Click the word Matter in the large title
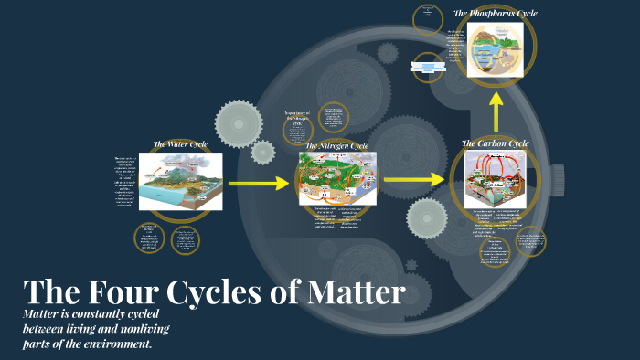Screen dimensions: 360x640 pos(352,292)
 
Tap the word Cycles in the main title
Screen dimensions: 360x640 pos(220,292)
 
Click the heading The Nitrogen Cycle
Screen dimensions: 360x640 pos(336,145)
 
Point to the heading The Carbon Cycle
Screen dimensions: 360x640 pos(495,143)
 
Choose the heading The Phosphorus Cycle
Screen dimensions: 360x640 pos(495,14)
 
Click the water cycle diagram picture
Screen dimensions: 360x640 pos(180,180)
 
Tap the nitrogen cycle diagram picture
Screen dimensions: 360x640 pos(336,178)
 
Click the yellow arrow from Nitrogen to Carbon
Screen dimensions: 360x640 pos(412,179)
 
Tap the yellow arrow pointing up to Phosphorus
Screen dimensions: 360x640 pos(496,115)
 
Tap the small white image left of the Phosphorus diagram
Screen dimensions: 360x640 pos(427,66)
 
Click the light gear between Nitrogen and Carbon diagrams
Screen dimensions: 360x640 pos(426,217)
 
